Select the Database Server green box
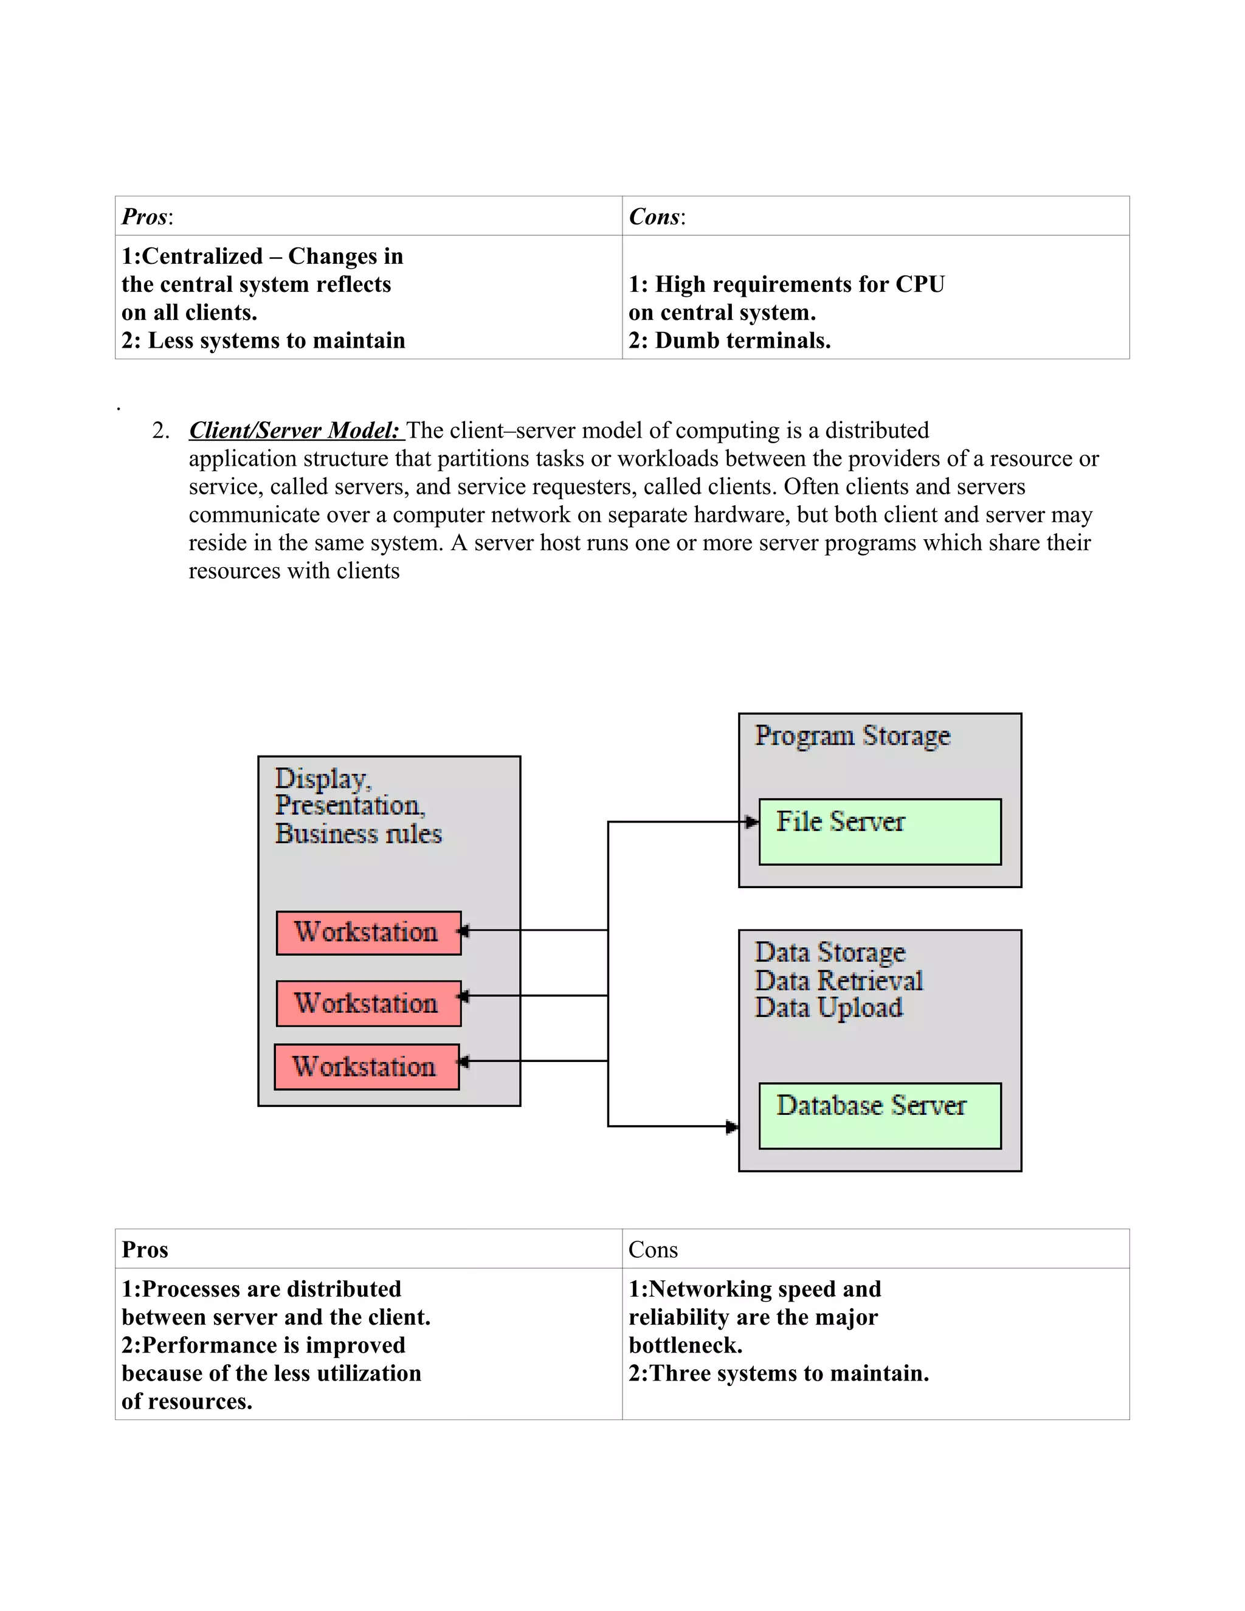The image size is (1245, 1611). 879,1116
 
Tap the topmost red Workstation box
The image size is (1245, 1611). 368,933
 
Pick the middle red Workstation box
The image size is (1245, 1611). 368,1003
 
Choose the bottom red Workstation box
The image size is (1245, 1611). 366,1067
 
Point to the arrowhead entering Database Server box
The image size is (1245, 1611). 732,1126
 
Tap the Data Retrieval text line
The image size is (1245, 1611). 838,981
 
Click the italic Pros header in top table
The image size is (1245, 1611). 145,217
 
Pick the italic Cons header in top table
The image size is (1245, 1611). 654,217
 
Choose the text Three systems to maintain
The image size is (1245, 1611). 788,1373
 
